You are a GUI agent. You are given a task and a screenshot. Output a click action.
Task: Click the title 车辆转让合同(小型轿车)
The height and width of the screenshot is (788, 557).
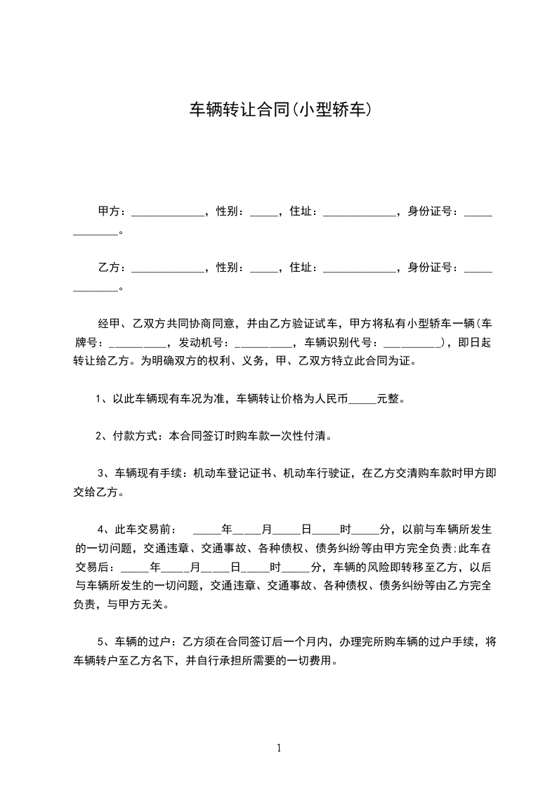pos(280,110)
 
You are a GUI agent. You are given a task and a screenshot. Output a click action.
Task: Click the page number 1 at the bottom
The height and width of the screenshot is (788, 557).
pos(279,747)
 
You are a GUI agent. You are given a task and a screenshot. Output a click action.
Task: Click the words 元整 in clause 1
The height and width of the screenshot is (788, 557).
pos(388,399)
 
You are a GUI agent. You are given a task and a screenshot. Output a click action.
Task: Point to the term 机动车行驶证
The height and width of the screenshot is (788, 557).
pos(319,474)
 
